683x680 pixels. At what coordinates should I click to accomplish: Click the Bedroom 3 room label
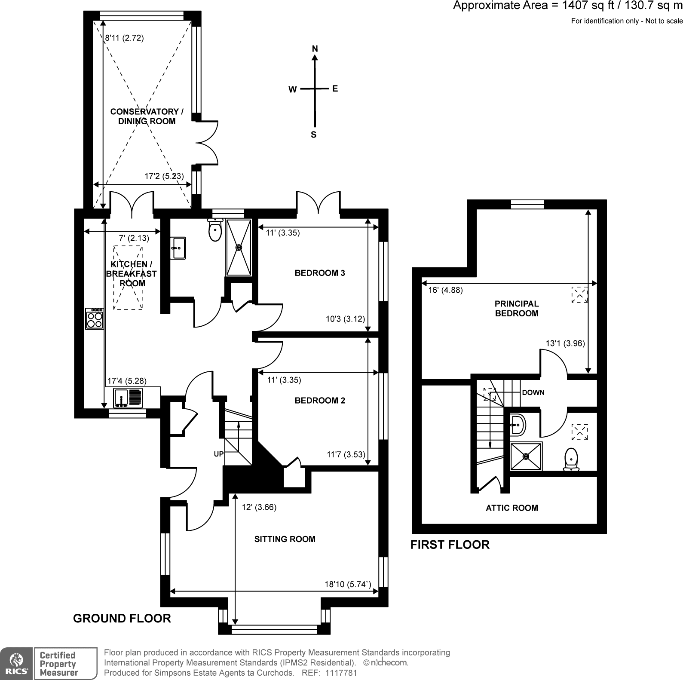[320, 273]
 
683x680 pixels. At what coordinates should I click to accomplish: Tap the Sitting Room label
[285, 539]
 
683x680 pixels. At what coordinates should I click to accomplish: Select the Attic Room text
[511, 508]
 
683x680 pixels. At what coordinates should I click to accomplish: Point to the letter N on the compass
[315, 49]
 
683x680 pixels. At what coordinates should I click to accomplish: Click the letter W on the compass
[292, 90]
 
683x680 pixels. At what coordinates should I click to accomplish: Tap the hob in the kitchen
[95, 319]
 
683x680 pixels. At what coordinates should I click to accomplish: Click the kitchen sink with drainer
[128, 398]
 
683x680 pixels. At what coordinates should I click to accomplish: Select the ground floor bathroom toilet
[214, 230]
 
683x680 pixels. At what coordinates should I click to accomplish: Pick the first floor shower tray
[526, 456]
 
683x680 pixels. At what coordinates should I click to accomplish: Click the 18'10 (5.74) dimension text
[347, 584]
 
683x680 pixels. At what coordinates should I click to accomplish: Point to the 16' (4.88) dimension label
[445, 290]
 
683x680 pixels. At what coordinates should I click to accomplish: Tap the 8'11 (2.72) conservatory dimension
[124, 38]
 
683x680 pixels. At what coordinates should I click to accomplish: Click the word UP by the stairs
[218, 454]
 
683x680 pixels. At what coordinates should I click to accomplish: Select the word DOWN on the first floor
[533, 392]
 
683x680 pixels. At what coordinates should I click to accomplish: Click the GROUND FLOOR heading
[122, 619]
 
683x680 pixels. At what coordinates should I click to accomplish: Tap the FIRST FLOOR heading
[450, 545]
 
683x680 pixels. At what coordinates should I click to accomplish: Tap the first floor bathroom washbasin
[518, 426]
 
